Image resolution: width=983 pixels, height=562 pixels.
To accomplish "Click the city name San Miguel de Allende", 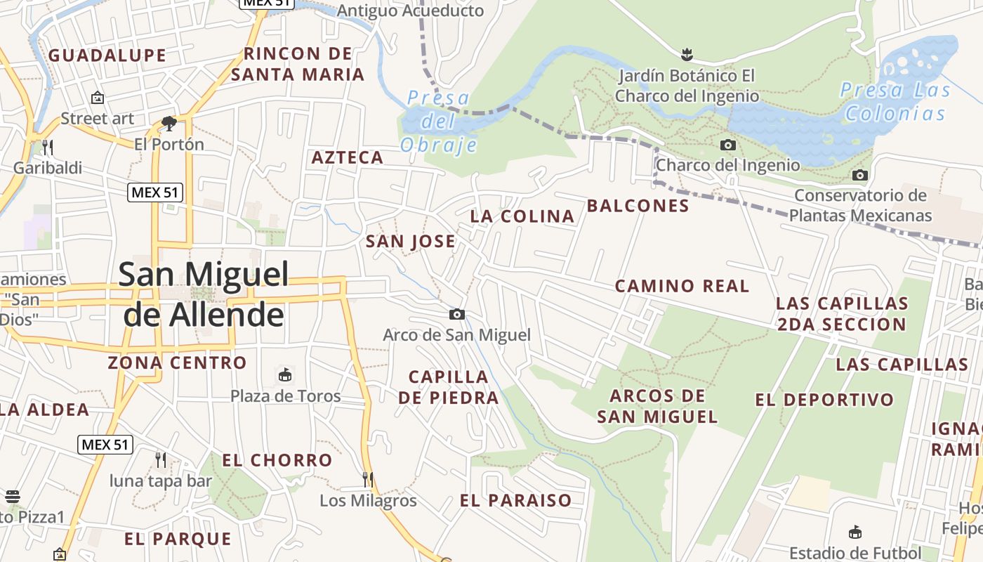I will (204, 294).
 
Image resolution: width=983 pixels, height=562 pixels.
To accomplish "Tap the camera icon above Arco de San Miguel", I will (457, 314).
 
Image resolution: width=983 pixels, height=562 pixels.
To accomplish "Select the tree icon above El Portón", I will (169, 124).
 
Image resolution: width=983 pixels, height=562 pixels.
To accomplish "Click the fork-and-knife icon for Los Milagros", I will (368, 479).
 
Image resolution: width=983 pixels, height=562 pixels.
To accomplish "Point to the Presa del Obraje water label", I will (439, 122).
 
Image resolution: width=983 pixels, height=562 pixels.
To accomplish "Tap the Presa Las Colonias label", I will (895, 101).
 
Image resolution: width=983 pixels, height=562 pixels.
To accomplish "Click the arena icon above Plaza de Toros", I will (285, 375).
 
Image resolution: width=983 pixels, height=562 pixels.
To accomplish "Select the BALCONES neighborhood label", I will (638, 206).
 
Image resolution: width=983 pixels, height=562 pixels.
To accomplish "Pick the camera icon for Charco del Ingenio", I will (728, 145).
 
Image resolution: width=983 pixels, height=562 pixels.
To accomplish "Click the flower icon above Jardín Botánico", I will (687, 54).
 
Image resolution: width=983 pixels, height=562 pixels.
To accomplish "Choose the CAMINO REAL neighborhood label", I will (682, 286).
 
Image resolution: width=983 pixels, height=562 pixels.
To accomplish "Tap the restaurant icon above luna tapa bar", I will (161, 459).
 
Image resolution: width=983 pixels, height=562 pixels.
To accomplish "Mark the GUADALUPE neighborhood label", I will (107, 55).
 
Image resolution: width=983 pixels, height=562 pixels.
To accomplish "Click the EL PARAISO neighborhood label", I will (515, 500).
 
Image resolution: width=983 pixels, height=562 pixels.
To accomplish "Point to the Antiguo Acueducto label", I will (411, 11).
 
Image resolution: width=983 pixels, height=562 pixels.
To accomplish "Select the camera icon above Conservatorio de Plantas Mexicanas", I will (859, 175).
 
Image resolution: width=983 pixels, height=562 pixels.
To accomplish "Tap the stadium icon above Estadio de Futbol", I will (855, 532).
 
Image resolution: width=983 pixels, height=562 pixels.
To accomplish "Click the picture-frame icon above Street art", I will (97, 98).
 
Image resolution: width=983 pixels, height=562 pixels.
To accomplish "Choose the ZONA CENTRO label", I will (177, 362).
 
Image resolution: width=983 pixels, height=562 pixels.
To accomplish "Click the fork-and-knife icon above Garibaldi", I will (48, 147).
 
